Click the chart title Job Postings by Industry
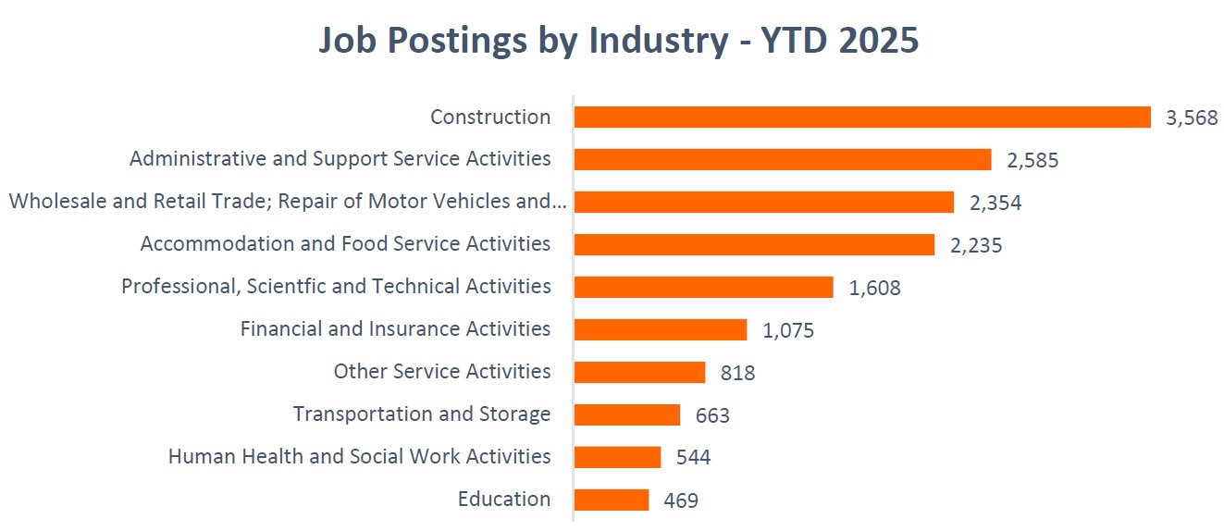(x=619, y=41)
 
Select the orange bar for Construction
(x=862, y=117)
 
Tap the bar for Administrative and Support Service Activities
(x=783, y=159)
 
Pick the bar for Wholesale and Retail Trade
(x=764, y=202)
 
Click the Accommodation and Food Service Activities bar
(x=754, y=244)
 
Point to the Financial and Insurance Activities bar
(x=661, y=329)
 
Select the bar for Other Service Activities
(x=639, y=372)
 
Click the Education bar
(x=612, y=500)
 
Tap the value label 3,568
(x=1193, y=118)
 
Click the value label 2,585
(x=1032, y=161)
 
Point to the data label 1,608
(x=874, y=288)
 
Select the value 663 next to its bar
(x=712, y=415)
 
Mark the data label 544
(x=694, y=458)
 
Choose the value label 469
(x=681, y=500)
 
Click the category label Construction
(x=490, y=117)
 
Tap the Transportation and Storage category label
(x=422, y=414)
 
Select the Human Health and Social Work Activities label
(x=359, y=456)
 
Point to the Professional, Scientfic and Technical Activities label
(x=336, y=287)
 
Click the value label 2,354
(x=995, y=204)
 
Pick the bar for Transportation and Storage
(x=627, y=414)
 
